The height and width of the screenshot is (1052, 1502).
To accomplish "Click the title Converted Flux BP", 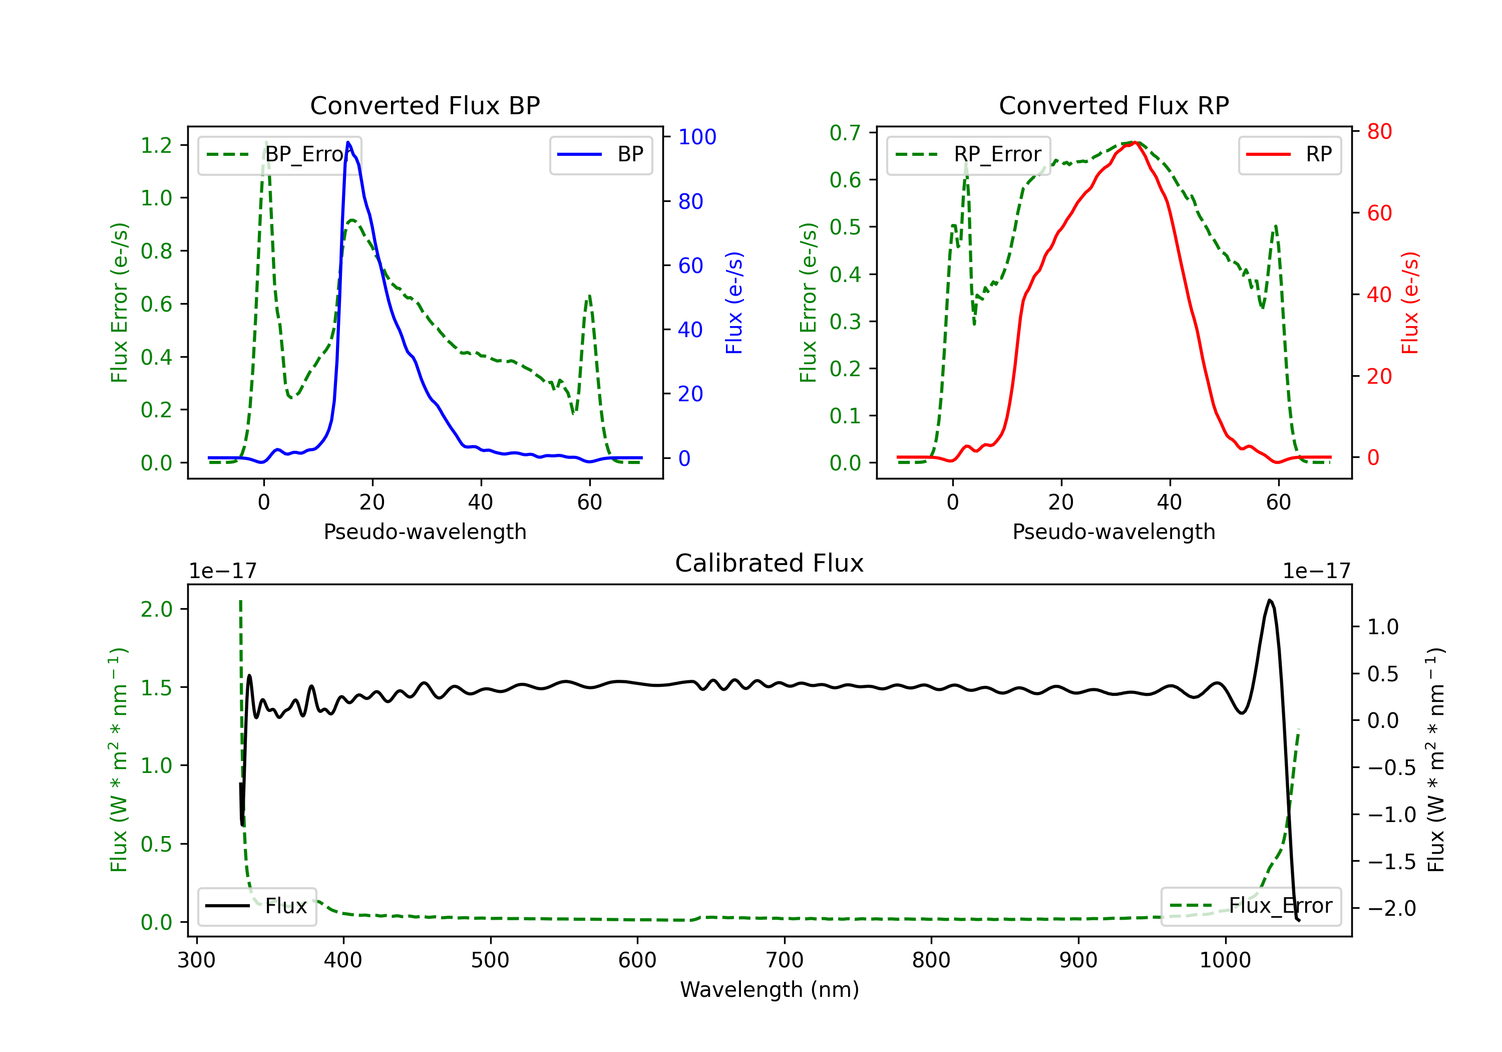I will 425,105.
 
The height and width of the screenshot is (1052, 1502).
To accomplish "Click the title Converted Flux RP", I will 1113,105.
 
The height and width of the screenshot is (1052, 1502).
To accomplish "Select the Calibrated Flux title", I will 770,563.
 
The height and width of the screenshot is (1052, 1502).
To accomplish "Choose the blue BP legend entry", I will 600,154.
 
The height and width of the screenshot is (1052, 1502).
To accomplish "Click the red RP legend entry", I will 1289,154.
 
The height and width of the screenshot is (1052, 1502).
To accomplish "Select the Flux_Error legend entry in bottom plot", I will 1251,906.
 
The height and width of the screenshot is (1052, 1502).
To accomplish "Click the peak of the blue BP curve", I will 348,142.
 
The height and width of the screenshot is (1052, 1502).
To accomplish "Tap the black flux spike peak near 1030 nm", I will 1270,600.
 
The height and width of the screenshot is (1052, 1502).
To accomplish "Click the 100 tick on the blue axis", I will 697,137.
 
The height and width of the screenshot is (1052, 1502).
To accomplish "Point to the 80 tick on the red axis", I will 1379,132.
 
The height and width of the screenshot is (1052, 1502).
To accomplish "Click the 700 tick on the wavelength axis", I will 785,960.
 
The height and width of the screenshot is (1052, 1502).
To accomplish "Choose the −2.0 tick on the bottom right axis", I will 1391,909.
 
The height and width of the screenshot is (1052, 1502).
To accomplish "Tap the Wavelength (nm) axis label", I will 770,989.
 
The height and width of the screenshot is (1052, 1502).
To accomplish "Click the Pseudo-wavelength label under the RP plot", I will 1113,532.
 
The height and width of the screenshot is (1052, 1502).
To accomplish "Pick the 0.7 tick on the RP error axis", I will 845,133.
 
